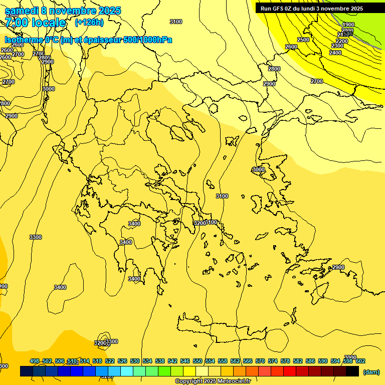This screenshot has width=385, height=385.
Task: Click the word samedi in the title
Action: coord(21,11)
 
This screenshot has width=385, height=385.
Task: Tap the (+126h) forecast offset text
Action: coord(89,22)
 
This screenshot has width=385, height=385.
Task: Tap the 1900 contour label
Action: coord(348,25)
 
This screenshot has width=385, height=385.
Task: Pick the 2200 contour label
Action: coord(342,41)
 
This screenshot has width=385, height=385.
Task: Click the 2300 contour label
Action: coord(337,46)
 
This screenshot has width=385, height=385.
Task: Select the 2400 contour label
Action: coord(335,53)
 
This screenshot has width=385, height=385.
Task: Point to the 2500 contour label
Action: coord(303,40)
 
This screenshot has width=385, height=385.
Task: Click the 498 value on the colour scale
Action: coord(35,361)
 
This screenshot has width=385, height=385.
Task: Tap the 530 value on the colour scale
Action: coord(135,361)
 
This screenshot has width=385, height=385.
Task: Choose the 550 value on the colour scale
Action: coord(198,361)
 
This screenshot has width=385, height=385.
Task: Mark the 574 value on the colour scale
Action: coord(273,361)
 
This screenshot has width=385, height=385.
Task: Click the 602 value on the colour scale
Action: coord(360,361)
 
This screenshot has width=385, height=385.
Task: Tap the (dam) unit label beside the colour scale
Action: coord(371,371)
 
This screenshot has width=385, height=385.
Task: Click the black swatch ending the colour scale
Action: coord(352,371)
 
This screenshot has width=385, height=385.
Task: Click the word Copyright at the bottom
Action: coord(189,381)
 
